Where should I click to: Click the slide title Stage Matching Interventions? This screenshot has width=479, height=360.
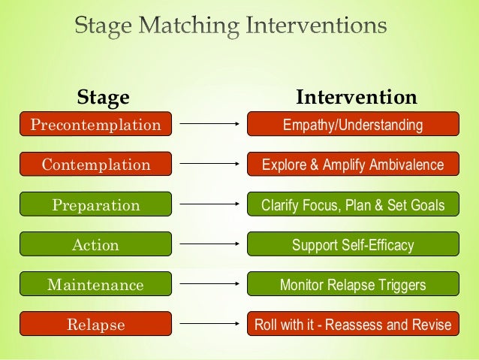pos(231,28)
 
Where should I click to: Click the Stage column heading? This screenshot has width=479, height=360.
pos(104,98)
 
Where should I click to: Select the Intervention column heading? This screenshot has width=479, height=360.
pos(357,98)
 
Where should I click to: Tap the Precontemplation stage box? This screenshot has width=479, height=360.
pos(95,124)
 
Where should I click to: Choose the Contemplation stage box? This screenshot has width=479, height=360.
pos(95,164)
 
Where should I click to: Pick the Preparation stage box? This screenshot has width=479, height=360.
pos(95,204)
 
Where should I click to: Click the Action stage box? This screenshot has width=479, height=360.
pos(95,244)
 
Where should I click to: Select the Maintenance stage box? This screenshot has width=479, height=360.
pos(95,285)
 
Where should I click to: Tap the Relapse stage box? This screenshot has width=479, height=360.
pos(95,325)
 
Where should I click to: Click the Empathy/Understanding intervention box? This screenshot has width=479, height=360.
pos(352,124)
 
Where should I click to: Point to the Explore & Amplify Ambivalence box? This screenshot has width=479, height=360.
pos(352,164)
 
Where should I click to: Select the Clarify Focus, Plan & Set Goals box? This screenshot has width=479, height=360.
pos(352,204)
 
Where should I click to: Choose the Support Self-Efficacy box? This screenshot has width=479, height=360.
pos(352,244)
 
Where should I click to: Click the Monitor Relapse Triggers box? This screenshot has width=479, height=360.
pos(352,285)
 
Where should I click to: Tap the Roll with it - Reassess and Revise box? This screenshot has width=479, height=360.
pos(352,325)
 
